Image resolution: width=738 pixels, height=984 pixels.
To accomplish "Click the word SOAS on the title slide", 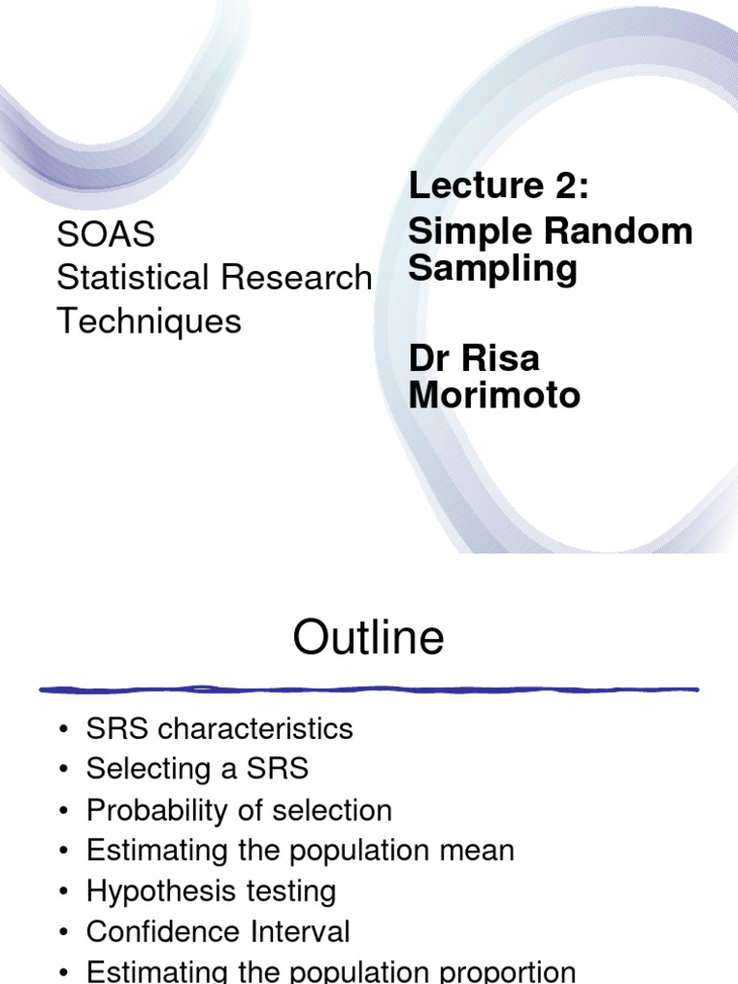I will point(106,234).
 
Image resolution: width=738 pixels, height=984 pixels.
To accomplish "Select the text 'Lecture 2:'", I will point(498,185).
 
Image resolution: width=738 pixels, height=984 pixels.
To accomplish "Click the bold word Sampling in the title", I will point(493,268).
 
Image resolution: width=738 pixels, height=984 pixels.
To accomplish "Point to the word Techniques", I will point(149,321).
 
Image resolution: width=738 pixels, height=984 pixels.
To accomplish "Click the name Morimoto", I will point(494,395).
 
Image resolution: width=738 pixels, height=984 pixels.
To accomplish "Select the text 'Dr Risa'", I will point(474,358).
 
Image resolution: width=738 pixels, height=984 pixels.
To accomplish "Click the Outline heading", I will point(369,638).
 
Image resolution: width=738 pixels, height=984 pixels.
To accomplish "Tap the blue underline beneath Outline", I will point(369,689).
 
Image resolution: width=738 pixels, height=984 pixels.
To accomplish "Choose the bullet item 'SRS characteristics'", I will point(219,728).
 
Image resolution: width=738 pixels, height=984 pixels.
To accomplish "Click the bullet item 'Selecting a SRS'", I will point(197,769).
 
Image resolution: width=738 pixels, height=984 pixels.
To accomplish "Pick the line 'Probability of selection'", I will point(238,810).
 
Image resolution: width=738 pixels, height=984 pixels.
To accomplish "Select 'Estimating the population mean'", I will point(300,850).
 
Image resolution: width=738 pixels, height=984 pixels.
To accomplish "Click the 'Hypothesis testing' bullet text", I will point(210,891).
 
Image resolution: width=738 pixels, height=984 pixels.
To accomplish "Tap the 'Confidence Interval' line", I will point(218,931).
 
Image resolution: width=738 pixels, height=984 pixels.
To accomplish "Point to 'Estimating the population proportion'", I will point(331,972).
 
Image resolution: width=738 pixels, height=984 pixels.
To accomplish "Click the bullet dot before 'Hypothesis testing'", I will point(64,892).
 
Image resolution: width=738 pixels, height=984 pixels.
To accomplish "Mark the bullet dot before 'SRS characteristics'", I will point(64,729).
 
